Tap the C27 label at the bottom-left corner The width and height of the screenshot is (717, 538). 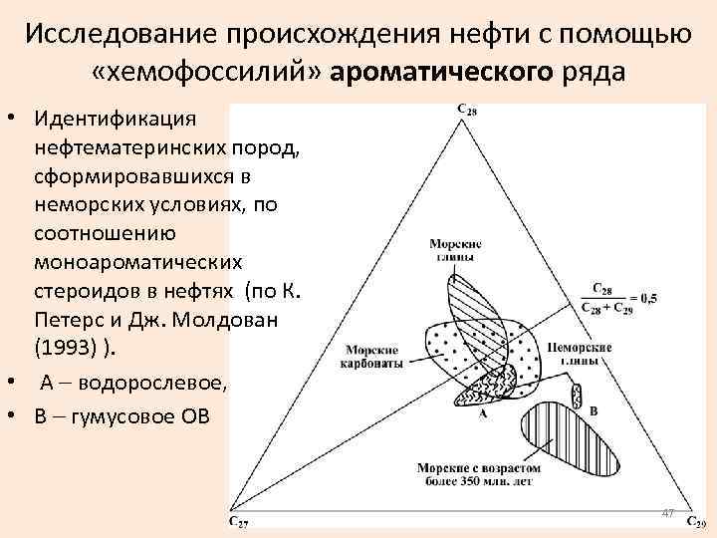(x=240, y=521)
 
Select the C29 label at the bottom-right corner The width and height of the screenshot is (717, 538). (x=696, y=523)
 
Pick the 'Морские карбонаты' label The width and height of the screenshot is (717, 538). (x=373, y=357)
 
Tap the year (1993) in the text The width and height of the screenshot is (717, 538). (x=71, y=349)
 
